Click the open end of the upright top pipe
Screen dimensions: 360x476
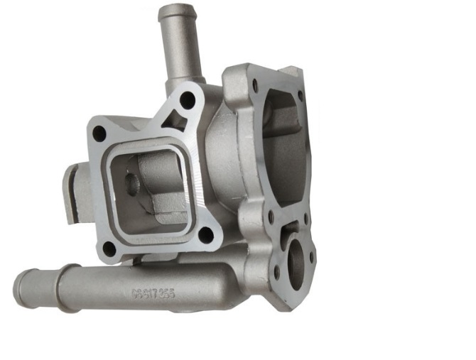pos(175,11)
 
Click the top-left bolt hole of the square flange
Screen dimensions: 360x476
pos(99,133)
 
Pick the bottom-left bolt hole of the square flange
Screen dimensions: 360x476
pos(109,248)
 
